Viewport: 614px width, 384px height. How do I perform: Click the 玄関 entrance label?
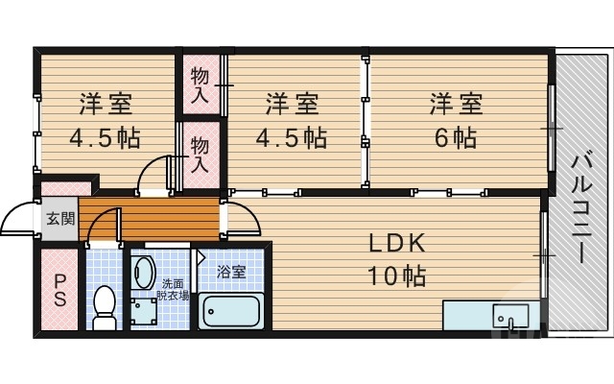(59, 220)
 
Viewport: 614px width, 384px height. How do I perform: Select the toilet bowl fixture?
(104, 306)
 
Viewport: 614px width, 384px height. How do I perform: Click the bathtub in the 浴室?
(230, 311)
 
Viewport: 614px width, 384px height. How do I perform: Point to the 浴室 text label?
(230, 272)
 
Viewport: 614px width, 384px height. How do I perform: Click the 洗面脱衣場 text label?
(174, 289)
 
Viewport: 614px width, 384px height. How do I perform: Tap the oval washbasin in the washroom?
(144, 271)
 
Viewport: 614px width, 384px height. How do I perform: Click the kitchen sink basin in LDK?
(507, 315)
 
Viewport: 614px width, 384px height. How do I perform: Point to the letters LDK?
(394, 244)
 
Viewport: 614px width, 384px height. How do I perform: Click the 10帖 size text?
(394, 276)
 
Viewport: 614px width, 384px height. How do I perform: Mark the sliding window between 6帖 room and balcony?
(552, 128)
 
